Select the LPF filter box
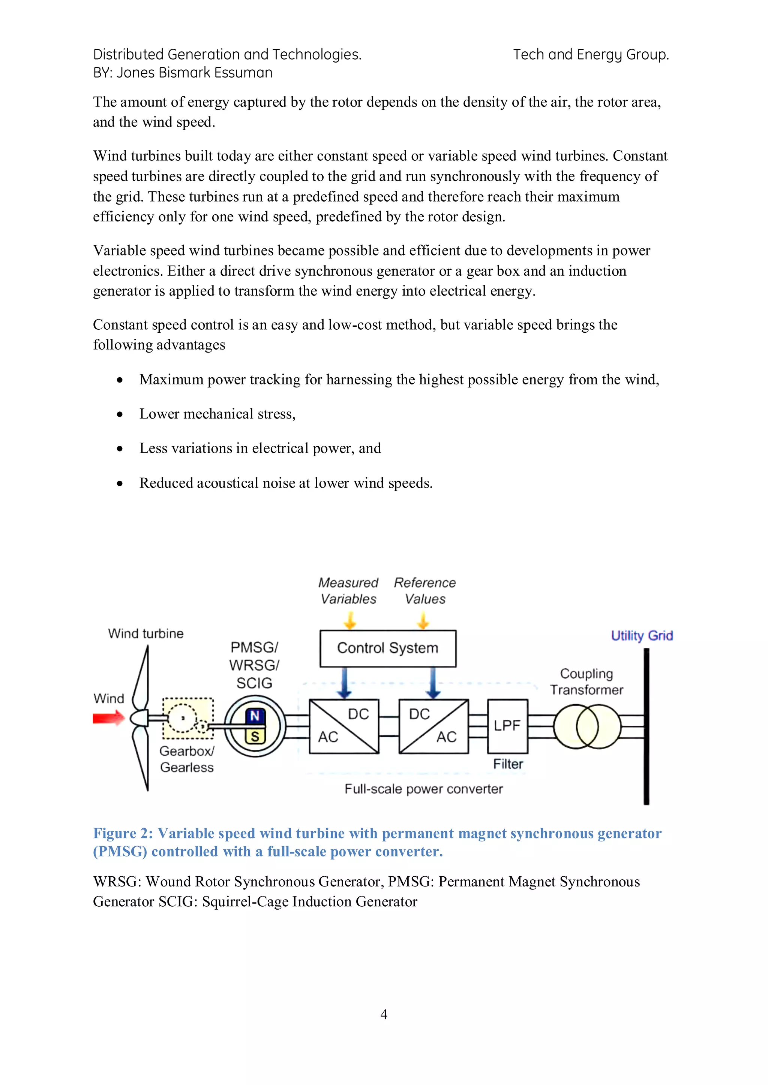pos(507,726)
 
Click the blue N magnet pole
pos(255,716)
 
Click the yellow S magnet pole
pos(255,736)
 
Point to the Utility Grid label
pos(641,635)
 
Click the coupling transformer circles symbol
pos(587,726)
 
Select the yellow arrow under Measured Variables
pos(349,620)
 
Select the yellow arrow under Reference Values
pos(423,620)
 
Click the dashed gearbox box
pos(188,718)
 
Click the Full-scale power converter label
pos(423,789)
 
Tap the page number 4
pos(384,1014)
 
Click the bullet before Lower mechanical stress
pos(120,414)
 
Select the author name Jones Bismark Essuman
pos(194,73)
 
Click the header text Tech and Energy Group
pos(591,55)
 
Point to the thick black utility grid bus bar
pos(646,728)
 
